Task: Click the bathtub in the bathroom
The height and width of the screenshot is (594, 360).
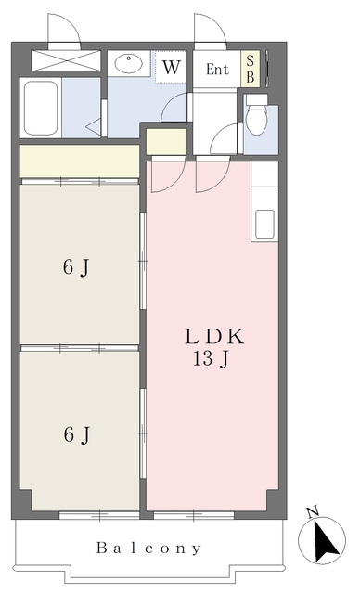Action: click(41, 108)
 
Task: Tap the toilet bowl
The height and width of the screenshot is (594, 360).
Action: click(257, 120)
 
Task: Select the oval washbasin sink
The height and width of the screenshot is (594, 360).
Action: click(129, 63)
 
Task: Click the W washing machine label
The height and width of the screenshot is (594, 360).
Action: click(172, 67)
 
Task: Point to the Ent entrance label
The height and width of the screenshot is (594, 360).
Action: click(217, 70)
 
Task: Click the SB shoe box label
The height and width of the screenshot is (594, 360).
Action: click(251, 69)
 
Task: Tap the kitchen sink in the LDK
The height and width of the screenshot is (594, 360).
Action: click(264, 224)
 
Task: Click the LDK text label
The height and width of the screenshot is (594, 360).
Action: click(214, 336)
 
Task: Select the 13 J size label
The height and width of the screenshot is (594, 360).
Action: click(212, 358)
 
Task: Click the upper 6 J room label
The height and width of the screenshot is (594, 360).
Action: click(76, 268)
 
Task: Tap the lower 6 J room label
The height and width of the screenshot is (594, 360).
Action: click(77, 434)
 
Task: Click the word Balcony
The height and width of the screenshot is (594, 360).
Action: click(148, 548)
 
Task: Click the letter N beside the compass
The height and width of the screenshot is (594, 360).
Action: click(313, 512)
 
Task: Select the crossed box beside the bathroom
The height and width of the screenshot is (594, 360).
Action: click(66, 60)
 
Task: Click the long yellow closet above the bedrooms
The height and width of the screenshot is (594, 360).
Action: click(80, 161)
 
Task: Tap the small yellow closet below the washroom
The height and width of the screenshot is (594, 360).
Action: click(167, 142)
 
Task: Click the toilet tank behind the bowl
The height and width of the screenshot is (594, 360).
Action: click(256, 99)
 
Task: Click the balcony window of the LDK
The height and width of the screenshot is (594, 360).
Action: click(194, 515)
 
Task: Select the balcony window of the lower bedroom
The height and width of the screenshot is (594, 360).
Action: click(99, 515)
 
